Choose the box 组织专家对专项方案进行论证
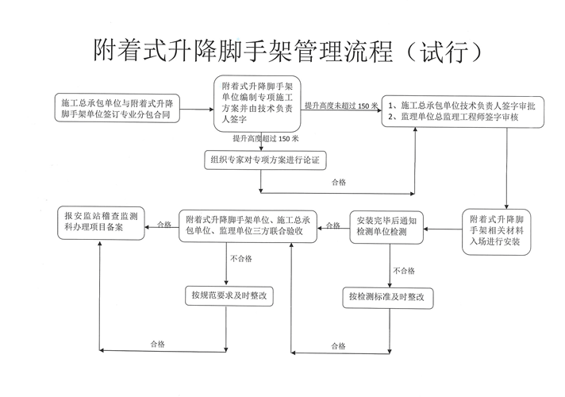tap(265, 160)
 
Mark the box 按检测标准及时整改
tap(390, 299)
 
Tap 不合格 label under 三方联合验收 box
tap(241, 259)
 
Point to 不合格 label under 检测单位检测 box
tap(403, 270)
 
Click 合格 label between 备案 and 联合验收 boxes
tap(164, 225)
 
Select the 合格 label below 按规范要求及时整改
tap(158, 344)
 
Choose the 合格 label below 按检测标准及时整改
tap(339, 346)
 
